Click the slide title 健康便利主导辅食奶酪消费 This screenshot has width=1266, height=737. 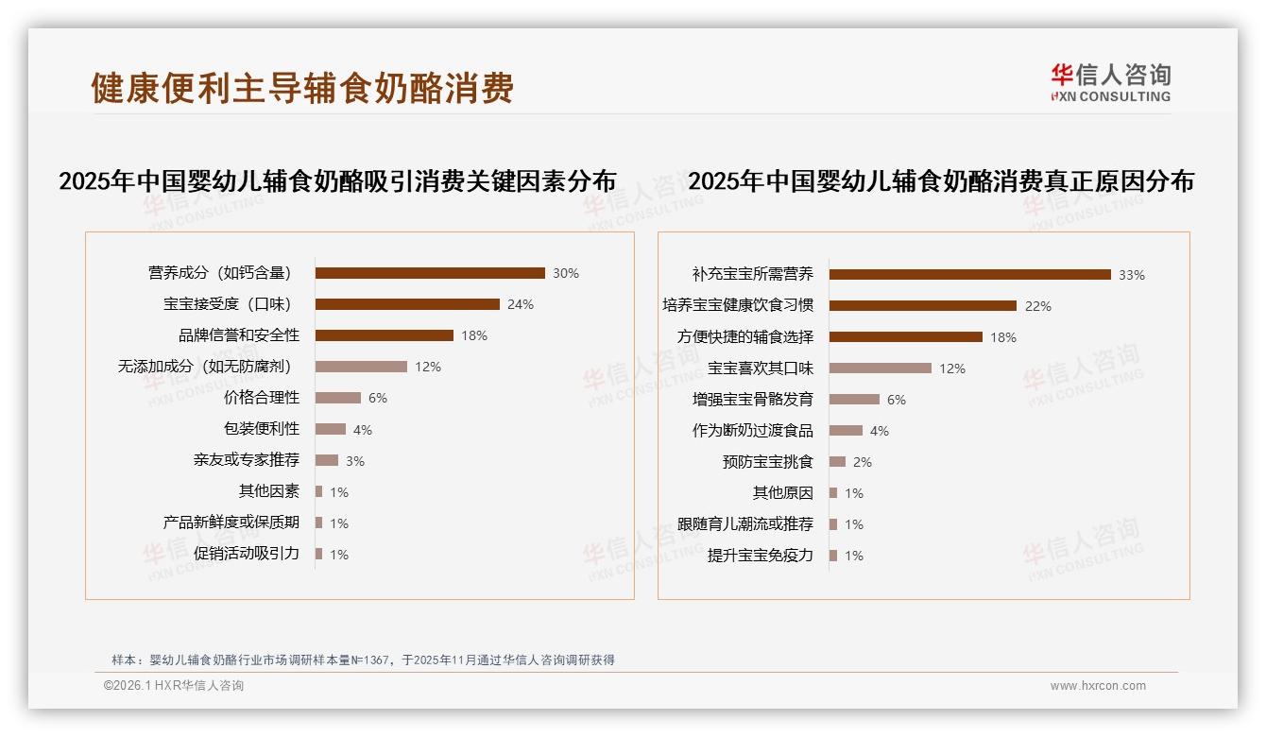pos(302,87)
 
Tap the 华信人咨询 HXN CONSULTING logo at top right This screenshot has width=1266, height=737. pos(1110,83)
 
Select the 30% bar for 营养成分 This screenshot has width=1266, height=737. pos(430,273)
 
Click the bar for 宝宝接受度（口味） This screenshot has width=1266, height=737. pos(407,304)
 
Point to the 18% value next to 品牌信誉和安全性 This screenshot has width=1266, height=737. pos(474,335)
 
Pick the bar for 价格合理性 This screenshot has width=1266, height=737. pos(338,398)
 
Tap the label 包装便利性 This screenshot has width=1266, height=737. pos(261,429)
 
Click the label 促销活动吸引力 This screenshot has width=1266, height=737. pos(246,554)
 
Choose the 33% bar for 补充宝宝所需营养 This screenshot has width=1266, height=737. pos(969,275)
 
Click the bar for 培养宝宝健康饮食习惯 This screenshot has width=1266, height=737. pos(922,306)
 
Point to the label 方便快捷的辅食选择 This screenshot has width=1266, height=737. pos(744,337)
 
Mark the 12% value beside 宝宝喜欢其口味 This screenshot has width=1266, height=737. pos(952,368)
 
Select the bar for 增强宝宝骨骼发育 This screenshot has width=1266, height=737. pos(854,400)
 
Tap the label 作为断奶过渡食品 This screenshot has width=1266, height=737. pos(752,431)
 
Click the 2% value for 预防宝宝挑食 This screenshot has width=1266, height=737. pos(863,462)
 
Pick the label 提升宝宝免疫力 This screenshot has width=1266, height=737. pos(760,556)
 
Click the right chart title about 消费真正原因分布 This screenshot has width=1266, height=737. pos(941,181)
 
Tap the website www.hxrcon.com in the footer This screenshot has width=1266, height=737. pos(1098,686)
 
